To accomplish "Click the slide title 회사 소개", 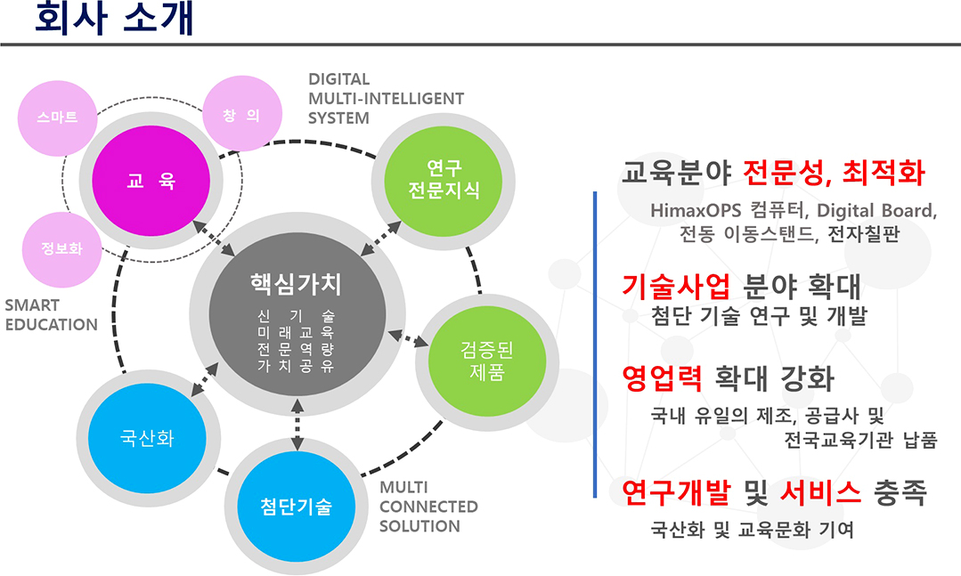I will click(x=114, y=20).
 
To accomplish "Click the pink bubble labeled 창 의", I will click(x=243, y=115).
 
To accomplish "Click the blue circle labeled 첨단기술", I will click(x=296, y=508).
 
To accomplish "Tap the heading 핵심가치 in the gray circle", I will click(x=296, y=283).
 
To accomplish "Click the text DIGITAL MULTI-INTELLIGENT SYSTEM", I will click(x=386, y=98).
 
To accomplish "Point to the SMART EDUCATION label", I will click(x=51, y=314).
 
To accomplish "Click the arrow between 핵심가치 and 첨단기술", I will click(x=297, y=426).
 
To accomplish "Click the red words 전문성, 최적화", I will click(x=835, y=173).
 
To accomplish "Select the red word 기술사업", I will click(x=676, y=287).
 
